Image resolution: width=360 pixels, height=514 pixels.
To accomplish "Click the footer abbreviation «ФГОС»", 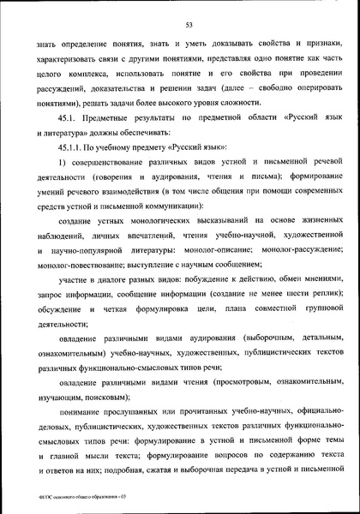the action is coord(36,497).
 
